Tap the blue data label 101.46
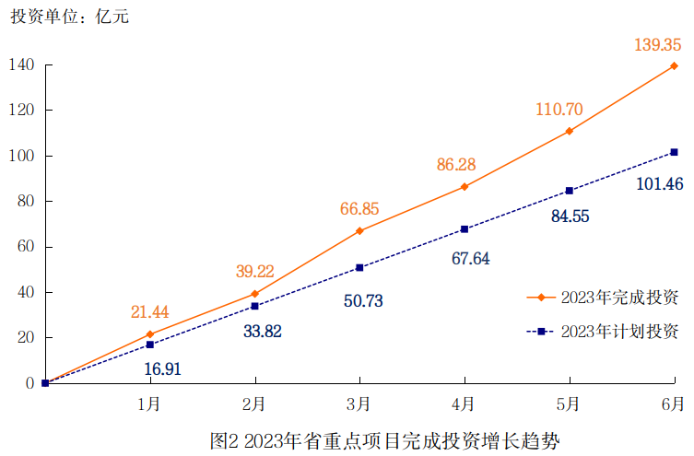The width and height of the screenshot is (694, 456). [659, 184]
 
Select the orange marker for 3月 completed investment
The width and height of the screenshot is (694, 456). [359, 230]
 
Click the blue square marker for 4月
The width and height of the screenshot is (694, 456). [465, 228]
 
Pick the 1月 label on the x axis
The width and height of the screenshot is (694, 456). [149, 403]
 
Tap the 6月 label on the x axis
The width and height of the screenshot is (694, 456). [674, 403]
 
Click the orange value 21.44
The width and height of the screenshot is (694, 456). [149, 312]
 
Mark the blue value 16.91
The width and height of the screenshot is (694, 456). [163, 368]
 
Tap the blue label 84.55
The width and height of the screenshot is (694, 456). [570, 216]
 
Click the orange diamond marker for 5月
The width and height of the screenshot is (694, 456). [570, 131]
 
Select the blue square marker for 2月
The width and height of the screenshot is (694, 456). [254, 306]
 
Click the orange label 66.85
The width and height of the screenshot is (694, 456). [359, 209]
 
